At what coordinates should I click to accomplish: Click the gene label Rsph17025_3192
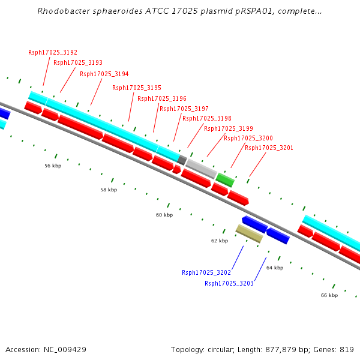(53, 52)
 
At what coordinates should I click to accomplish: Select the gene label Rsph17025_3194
(104, 74)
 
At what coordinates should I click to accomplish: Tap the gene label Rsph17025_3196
(161, 98)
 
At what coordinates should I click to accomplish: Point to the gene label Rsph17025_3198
(206, 118)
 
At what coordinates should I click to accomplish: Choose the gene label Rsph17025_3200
(248, 138)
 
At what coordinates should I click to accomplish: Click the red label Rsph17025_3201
(269, 148)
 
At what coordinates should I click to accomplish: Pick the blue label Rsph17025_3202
(206, 272)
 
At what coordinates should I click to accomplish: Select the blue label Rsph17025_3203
(229, 283)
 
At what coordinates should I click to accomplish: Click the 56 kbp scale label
(53, 166)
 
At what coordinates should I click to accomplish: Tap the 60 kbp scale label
(164, 215)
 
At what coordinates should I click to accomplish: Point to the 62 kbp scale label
(220, 241)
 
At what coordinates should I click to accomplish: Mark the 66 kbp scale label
(329, 295)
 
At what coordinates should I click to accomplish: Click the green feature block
(225, 179)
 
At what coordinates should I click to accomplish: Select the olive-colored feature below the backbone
(249, 233)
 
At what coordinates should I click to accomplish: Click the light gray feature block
(202, 168)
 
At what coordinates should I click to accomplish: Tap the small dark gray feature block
(182, 159)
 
